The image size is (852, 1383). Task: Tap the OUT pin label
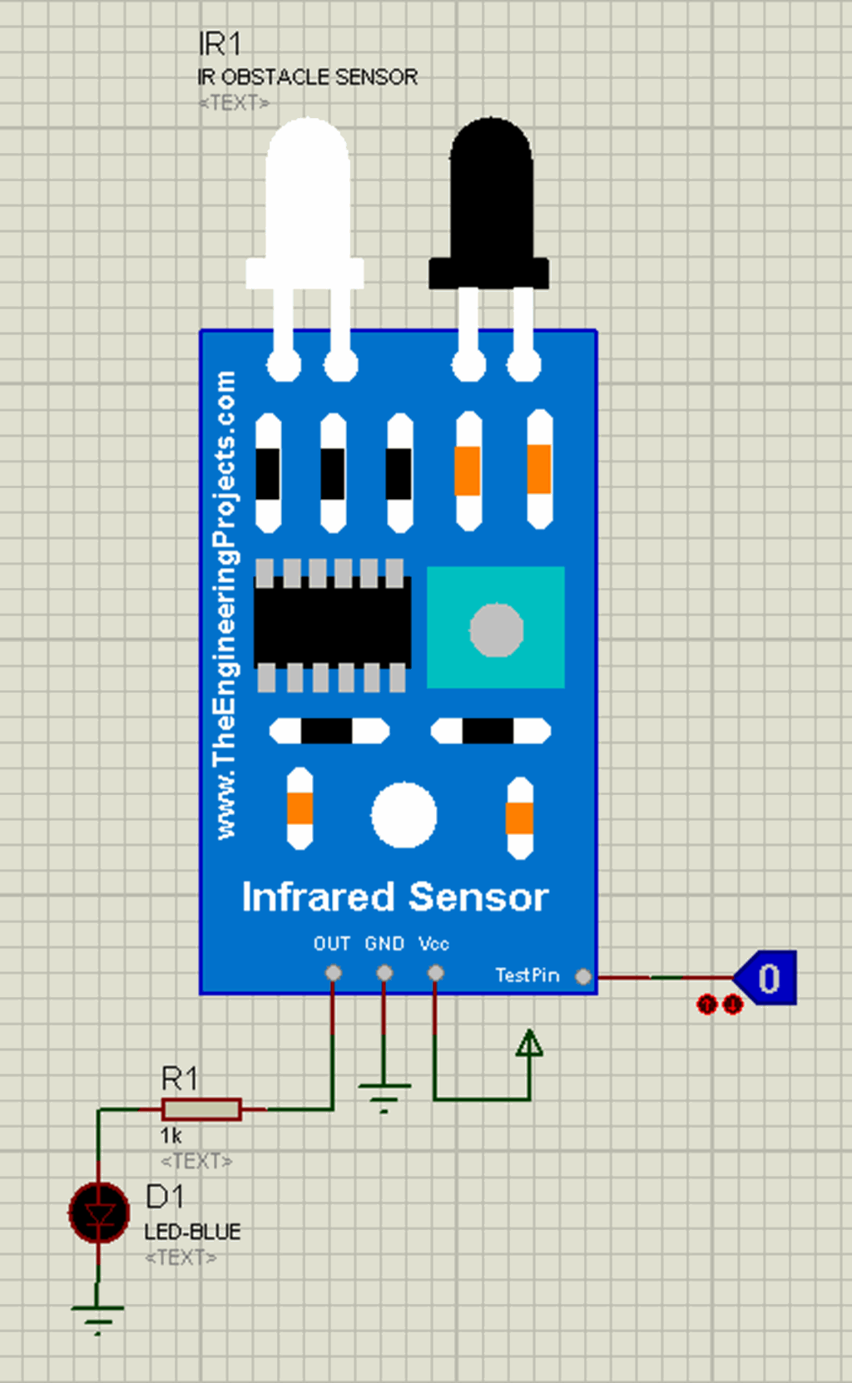coord(331,943)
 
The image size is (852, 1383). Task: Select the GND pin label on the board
coord(384,943)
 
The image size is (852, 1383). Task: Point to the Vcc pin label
coord(433,943)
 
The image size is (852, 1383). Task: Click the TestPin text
coord(527,975)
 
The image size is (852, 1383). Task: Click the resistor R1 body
coord(201,1109)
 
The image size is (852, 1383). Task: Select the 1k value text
coord(171,1135)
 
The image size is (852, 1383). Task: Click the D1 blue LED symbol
coord(99,1213)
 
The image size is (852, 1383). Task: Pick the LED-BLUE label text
coord(192,1232)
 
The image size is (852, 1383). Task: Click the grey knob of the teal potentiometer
coord(496,630)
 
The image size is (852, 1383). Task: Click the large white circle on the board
coord(404,815)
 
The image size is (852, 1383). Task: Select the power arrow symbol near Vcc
coord(529,1045)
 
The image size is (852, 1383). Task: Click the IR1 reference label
coord(220,43)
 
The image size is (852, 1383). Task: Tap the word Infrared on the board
coord(318,896)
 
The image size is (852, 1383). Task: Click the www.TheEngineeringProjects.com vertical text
coord(225,605)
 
